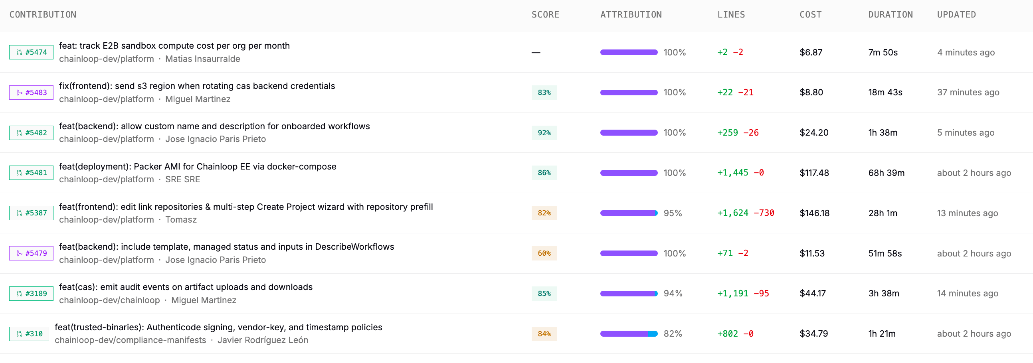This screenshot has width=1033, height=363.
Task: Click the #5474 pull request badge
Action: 31,52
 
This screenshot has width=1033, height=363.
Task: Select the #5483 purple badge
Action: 31,93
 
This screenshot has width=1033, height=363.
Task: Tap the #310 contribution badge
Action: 29,334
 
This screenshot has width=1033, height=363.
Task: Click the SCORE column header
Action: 545,15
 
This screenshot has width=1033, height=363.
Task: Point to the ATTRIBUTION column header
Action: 631,15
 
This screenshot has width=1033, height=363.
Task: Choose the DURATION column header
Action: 891,15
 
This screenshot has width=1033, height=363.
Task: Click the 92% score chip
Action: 544,132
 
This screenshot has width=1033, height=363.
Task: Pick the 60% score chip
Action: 544,253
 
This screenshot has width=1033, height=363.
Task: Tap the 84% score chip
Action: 544,334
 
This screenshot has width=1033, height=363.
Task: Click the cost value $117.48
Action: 814,173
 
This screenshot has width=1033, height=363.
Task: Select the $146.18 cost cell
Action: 814,213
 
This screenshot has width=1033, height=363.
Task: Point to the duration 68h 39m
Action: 887,173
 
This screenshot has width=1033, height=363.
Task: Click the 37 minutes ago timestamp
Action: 968,93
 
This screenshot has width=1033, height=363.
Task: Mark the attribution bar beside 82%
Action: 629,334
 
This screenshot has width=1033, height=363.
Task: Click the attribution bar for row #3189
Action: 629,294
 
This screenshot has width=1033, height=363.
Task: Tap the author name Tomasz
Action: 181,219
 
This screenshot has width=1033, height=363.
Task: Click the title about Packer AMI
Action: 198,167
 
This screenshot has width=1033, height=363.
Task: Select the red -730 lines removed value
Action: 764,213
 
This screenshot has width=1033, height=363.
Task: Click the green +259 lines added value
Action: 727,132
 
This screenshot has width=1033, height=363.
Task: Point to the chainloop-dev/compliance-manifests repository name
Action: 131,340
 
